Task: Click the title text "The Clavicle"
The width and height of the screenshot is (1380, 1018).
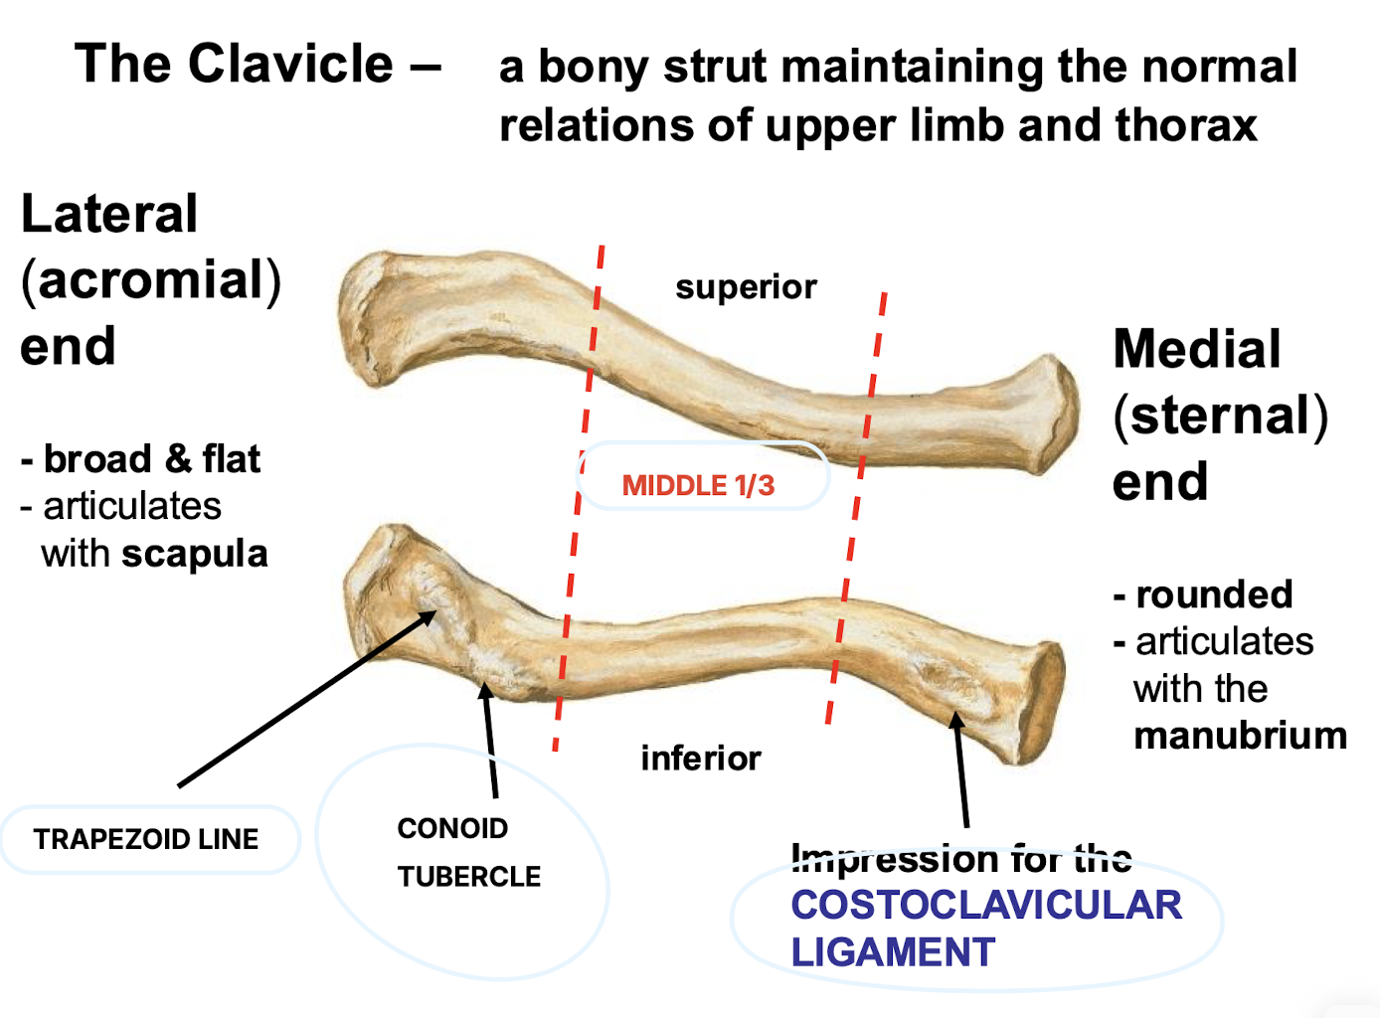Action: point(235,65)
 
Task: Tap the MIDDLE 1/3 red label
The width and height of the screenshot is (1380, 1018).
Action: point(698,485)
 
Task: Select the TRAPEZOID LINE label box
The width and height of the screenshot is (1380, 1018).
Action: point(146,839)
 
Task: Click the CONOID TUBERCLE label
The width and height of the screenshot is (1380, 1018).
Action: point(468,852)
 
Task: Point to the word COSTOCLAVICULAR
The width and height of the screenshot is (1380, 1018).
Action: point(985,905)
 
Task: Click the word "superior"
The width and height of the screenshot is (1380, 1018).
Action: point(746,287)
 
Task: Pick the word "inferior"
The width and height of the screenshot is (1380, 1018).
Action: point(700,759)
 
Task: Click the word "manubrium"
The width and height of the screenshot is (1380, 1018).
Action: point(1240,736)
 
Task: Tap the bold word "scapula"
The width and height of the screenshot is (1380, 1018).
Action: point(195,554)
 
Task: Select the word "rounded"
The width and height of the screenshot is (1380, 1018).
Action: point(1214,594)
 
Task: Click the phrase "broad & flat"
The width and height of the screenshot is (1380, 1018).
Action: point(151,459)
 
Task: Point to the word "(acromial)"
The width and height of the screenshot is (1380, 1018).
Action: point(151,279)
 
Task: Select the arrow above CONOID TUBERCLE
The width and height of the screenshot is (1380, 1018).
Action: point(489,740)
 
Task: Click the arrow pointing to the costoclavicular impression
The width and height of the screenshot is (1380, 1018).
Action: point(960,769)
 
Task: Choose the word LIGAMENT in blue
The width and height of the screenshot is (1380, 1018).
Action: point(892,952)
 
